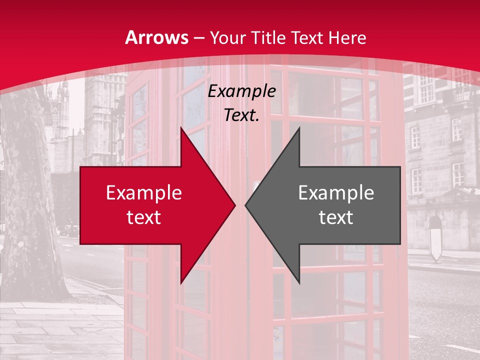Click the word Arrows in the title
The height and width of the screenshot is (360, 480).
point(157,38)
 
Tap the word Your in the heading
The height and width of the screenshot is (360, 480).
point(227,38)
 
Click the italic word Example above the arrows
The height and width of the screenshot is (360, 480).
point(242,91)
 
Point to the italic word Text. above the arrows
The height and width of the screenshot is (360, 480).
point(242,115)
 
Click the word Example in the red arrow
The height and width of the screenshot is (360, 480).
point(144,192)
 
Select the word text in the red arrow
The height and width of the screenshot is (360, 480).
point(144,217)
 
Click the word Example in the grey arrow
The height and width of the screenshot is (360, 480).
point(336,192)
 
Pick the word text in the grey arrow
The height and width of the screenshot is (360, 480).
point(336,217)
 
